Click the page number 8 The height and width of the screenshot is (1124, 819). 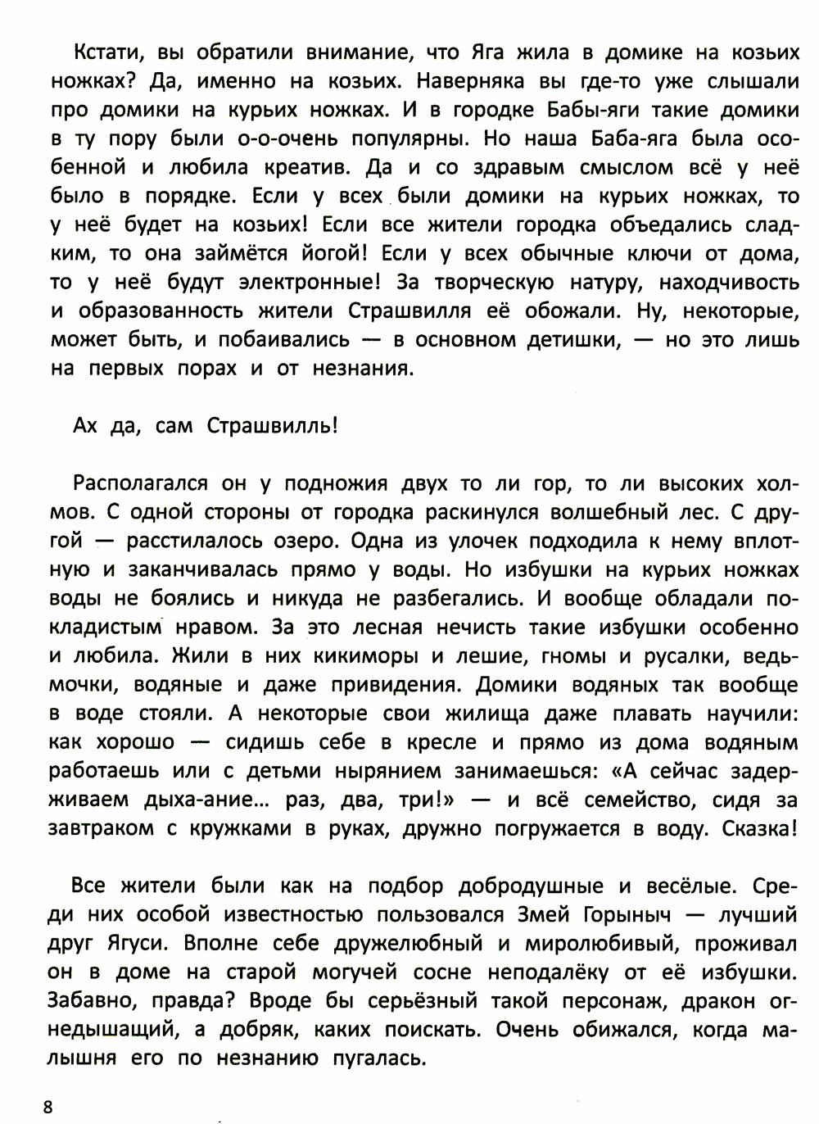pyautogui.click(x=48, y=1107)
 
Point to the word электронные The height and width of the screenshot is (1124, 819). pyautogui.click(x=308, y=283)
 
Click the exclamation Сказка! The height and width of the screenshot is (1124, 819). pyautogui.click(x=759, y=828)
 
